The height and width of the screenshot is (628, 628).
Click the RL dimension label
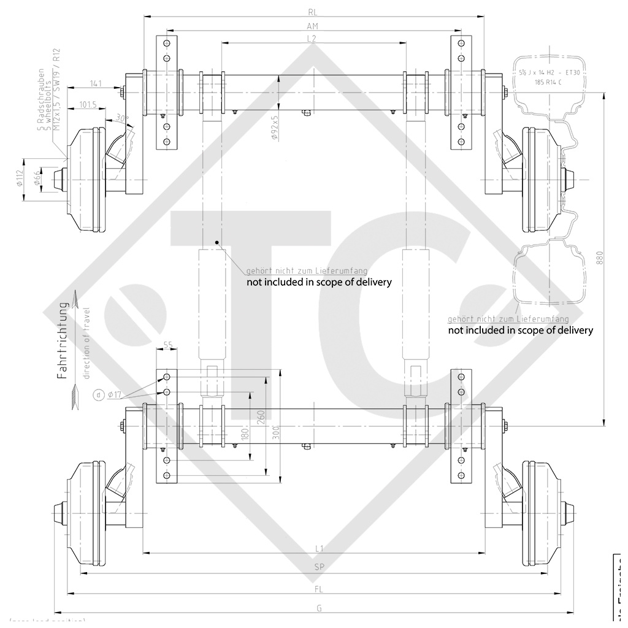313,12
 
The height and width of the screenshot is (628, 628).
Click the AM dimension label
313,26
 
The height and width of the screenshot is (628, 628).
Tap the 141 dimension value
95,83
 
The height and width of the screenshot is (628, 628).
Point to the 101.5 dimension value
88,105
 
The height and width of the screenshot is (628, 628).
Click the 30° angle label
123,118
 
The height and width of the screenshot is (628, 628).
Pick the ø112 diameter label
20,178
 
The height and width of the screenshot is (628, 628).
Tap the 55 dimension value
167,346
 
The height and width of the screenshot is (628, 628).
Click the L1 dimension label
319,548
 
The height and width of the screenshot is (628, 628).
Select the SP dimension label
319,567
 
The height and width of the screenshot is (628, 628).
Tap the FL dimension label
319,589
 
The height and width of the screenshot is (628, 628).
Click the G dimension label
319,608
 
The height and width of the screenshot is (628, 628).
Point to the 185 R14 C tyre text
547,82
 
